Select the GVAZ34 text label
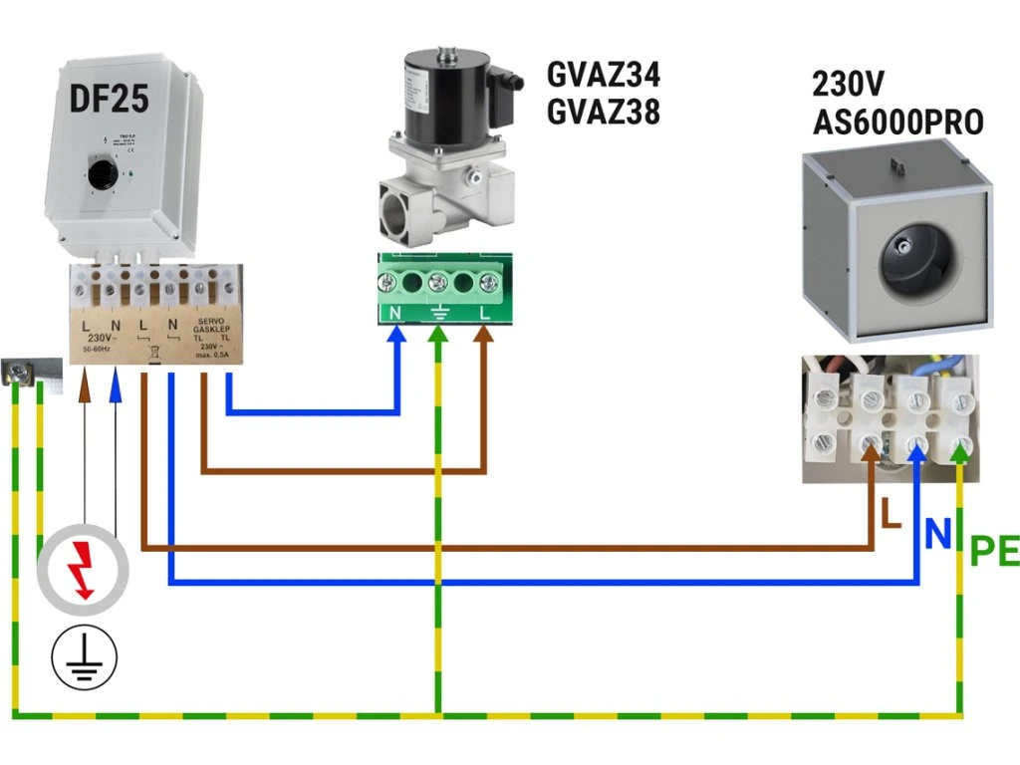pos(603,75)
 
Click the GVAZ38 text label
pos(603,113)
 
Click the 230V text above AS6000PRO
pos(849,82)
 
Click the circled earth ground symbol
pos(85,657)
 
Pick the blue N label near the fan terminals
pos(936,534)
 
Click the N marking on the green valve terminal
pos(393,313)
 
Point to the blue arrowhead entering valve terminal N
pos(397,336)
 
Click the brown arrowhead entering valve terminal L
pos(484,336)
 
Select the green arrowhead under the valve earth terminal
pos(438,338)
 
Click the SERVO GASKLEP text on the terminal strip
pos(211,328)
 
